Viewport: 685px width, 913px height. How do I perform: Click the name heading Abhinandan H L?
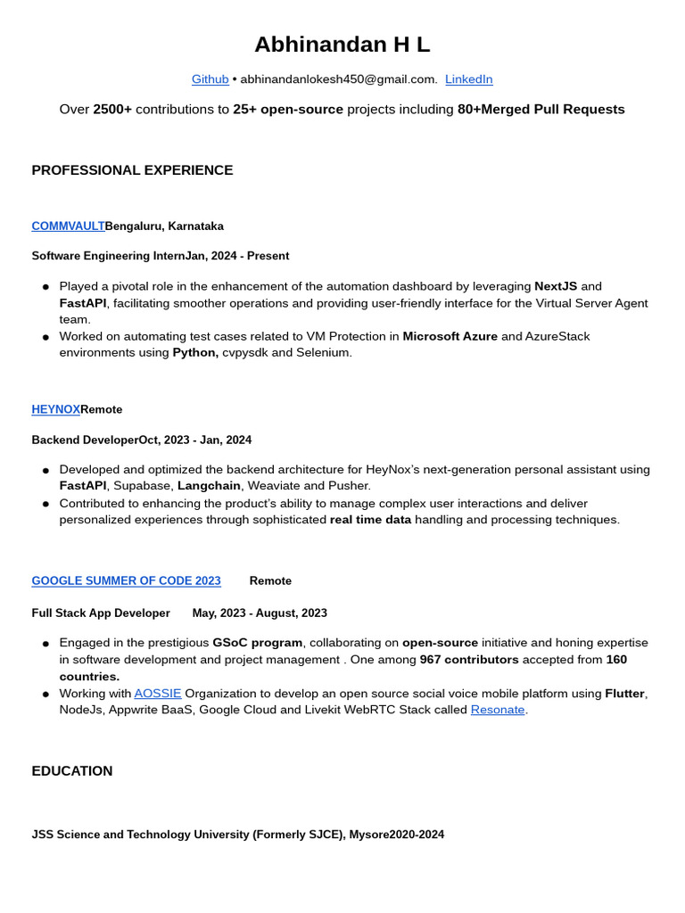pos(342,45)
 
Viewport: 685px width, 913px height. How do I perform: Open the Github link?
pos(210,79)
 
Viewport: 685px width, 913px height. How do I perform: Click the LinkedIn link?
pos(468,79)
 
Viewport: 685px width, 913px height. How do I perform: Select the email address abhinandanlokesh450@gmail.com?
pos(338,79)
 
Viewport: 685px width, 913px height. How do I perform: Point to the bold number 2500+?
pos(112,110)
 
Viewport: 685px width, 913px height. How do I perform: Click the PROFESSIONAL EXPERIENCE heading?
pos(132,170)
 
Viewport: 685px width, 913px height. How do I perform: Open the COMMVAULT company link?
pos(68,226)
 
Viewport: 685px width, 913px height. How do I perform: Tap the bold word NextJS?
pos(555,286)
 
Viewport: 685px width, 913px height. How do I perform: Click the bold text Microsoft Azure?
pos(450,336)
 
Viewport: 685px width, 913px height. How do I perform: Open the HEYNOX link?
pos(55,409)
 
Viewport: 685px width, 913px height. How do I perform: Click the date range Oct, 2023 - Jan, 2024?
pos(194,440)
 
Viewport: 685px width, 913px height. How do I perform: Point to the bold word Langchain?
pos(209,486)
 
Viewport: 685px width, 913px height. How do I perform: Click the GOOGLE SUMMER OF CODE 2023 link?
pos(126,580)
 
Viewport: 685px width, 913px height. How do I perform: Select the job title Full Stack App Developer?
pos(101,613)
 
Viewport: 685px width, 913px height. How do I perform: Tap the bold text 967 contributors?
pos(469,660)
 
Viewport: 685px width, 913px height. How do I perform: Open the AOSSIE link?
pos(157,693)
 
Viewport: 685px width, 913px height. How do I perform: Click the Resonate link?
pos(497,710)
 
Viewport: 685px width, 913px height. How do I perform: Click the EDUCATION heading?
pos(72,771)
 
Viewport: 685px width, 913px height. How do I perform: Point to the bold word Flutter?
pos(625,693)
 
